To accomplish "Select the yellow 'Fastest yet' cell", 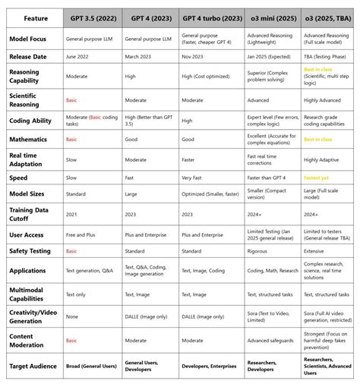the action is (x=317, y=178).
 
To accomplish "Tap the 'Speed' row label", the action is (x=20, y=178).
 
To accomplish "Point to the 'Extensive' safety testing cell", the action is (x=316, y=250).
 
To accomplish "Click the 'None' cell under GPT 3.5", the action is (x=71, y=316).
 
